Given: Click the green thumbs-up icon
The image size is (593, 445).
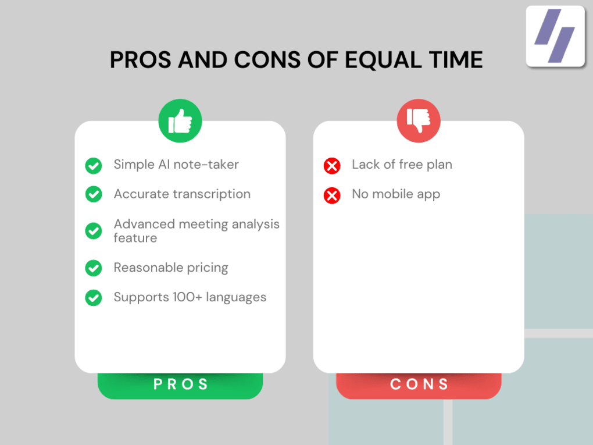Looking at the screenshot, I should (180, 121).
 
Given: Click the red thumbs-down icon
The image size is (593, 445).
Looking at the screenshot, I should (419, 121).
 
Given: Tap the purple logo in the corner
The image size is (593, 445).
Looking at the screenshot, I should (555, 36).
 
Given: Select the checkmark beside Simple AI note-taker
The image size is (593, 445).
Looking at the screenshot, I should (94, 165).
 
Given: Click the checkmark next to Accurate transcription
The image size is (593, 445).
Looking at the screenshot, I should (94, 194).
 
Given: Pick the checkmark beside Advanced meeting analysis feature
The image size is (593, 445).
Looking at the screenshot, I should (94, 231).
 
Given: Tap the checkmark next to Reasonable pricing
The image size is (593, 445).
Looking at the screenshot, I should (94, 268).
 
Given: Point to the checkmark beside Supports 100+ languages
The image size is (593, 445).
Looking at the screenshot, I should (94, 298).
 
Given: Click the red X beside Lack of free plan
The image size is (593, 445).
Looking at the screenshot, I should (332, 166).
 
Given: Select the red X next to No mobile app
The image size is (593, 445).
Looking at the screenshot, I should (332, 195).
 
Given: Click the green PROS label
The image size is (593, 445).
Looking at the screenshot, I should (180, 385).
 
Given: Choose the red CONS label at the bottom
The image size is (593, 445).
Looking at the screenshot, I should (419, 385).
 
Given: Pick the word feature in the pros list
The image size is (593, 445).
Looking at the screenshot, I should (135, 238).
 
